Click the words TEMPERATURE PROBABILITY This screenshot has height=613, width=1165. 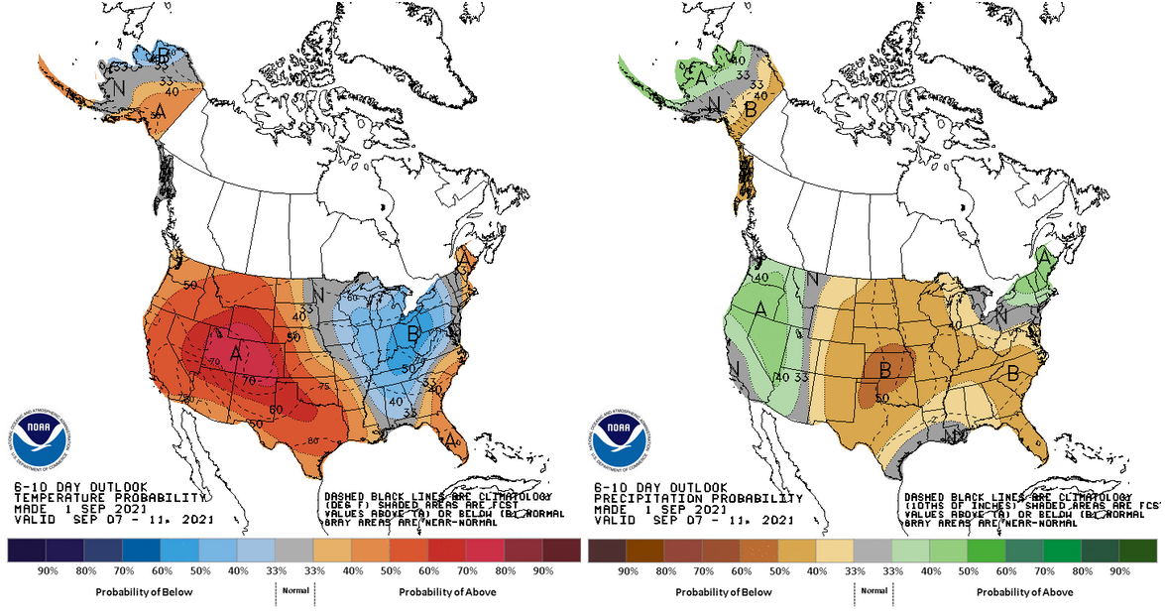[109, 497]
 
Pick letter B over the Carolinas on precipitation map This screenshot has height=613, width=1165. [1013, 374]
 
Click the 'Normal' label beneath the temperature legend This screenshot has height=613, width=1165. [293, 589]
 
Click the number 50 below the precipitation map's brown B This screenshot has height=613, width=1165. [881, 399]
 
